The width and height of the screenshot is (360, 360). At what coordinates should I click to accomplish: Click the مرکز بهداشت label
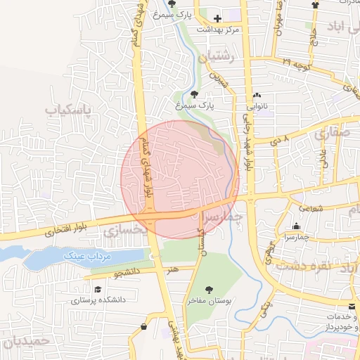pos(219,30)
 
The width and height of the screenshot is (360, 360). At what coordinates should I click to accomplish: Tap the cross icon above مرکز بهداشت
pos(217,19)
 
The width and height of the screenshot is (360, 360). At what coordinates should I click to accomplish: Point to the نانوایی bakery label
pos(256,108)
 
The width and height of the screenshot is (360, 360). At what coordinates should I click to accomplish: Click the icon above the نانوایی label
pos(256,96)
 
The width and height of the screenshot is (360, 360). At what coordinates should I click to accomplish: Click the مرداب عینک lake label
pos(88,257)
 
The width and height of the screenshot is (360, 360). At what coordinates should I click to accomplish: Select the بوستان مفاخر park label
pos(209,300)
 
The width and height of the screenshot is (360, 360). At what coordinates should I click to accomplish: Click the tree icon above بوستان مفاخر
pos(209,289)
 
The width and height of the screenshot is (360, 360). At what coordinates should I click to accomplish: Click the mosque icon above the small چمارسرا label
pos(296,226)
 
